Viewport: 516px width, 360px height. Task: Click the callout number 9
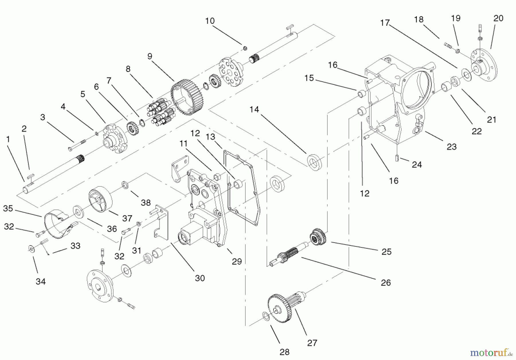tap(150, 56)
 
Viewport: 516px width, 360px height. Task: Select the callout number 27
tap(312, 343)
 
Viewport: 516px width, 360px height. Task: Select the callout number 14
tap(254, 109)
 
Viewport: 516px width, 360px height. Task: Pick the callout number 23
tap(451, 147)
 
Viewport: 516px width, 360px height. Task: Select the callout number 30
tap(200, 278)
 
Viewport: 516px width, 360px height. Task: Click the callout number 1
tap(8, 139)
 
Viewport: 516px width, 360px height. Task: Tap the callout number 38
tap(146, 202)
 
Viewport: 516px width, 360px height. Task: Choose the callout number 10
tap(210, 21)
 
